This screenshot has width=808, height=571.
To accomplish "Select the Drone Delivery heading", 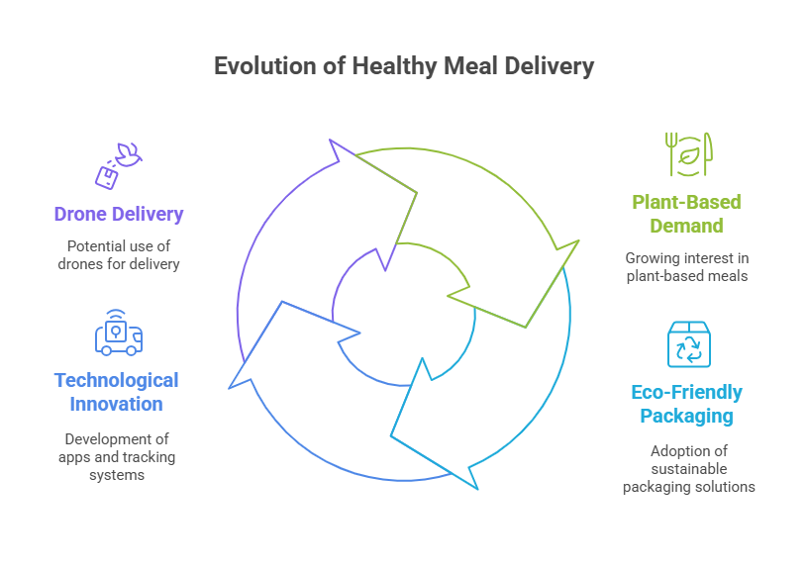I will click(119, 214).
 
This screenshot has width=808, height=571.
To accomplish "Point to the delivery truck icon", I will click(118, 333).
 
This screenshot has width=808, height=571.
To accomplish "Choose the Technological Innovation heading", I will click(117, 392).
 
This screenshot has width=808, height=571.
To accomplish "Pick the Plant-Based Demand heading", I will click(687, 214).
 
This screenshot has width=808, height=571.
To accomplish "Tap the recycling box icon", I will click(688, 344).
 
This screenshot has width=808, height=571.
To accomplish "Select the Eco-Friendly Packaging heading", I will click(687, 404).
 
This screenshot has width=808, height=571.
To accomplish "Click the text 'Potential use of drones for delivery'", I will click(118, 254).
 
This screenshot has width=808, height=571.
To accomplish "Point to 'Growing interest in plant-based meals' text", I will click(687, 266).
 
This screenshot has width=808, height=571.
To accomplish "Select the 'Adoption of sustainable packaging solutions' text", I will click(688, 468).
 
